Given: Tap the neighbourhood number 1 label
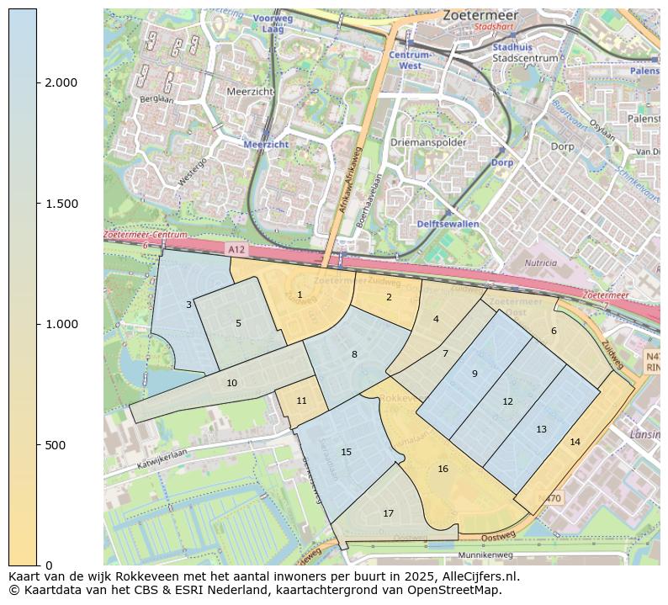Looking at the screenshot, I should [300, 295].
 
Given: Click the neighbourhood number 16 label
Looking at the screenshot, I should [443, 469].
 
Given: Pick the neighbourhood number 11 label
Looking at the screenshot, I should [301, 401].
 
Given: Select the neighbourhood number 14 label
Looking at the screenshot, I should [575, 442].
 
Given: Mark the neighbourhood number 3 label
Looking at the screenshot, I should [188, 305].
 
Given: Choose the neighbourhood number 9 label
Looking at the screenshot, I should [474, 374].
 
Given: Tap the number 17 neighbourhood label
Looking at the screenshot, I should [388, 513].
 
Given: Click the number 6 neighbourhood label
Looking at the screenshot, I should [554, 331].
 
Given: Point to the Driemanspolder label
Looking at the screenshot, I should [427, 142].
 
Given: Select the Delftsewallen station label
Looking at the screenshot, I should [448, 224].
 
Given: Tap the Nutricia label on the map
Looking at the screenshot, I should [540, 263].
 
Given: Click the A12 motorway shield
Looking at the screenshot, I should [237, 250].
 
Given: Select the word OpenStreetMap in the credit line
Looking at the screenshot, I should [455, 590].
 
